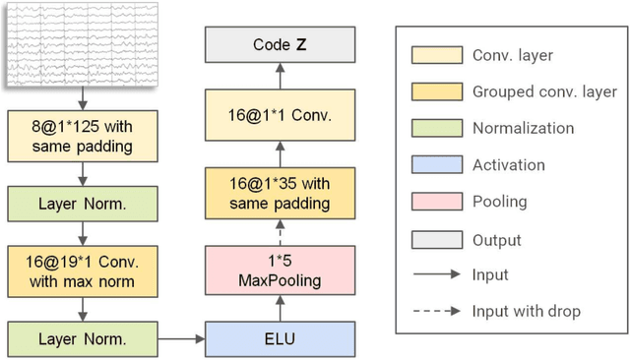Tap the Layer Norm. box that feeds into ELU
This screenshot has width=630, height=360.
click(83, 338)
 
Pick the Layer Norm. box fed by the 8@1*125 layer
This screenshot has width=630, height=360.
click(83, 204)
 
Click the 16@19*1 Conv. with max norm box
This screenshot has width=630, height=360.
click(83, 270)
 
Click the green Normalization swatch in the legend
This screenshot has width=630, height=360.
click(440, 128)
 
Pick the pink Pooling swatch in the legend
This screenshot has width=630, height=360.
click(440, 202)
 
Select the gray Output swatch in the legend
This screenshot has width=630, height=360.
click(440, 239)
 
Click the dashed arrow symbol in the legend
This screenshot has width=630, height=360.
click(440, 312)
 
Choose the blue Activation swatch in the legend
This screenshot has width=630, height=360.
click(440, 165)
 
